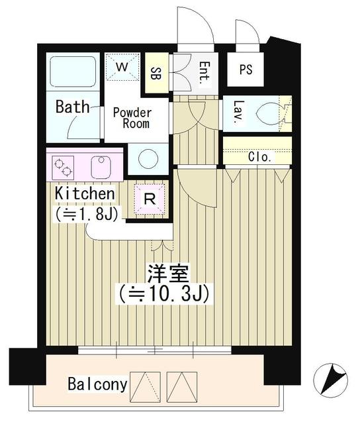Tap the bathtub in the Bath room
click(73, 72)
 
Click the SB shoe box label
click(157, 72)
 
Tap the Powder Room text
click(132, 118)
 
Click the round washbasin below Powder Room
click(148, 160)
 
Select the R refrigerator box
click(150, 197)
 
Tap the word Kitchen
click(85, 193)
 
